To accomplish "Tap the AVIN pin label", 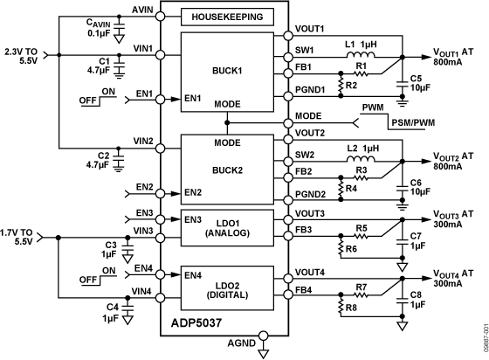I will [x=142, y=8].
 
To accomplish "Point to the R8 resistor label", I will [x=351, y=308].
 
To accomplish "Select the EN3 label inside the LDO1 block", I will [x=192, y=218].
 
